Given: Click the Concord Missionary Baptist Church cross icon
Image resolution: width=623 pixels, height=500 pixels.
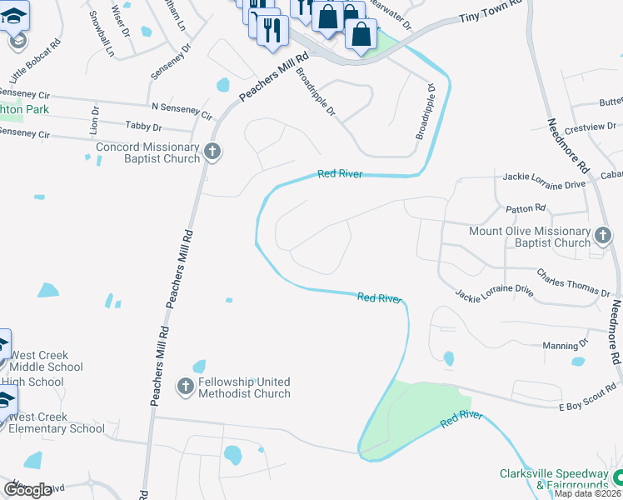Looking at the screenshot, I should [x=212, y=152].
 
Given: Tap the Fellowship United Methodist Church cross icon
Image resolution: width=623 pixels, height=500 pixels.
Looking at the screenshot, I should [x=186, y=386].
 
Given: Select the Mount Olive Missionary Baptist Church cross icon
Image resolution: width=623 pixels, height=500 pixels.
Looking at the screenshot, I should [x=603, y=237].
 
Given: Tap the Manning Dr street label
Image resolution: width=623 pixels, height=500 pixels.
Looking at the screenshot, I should [x=565, y=345].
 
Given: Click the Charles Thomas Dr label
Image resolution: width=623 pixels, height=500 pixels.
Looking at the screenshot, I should [x=573, y=282].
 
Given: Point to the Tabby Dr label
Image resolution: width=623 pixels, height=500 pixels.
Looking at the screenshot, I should [x=142, y=127].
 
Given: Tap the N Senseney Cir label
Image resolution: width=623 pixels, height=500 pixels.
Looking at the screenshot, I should [x=181, y=110].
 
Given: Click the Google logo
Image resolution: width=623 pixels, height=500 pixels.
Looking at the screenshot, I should [x=27, y=490].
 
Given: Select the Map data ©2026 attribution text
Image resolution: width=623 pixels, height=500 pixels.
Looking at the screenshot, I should [x=588, y=493].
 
